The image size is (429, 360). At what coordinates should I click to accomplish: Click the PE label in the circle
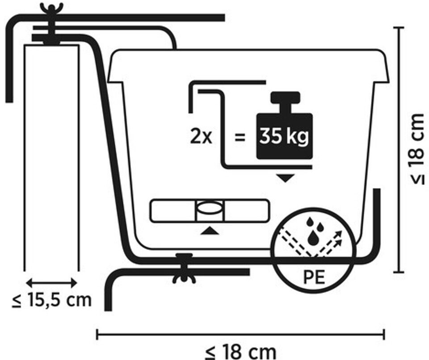[314, 277]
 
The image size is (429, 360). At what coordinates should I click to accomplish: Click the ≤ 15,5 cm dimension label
[52, 300]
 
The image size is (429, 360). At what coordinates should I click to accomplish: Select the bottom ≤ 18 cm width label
[240, 351]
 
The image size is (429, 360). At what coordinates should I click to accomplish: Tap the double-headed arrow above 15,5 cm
[52, 283]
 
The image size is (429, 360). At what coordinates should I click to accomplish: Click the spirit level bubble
[209, 209]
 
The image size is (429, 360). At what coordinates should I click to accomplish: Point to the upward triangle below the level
[209, 230]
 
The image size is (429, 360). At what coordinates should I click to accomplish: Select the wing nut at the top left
[51, 8]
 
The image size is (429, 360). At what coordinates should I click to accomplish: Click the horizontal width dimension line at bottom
[240, 334]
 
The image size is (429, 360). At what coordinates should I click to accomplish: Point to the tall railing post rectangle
[52, 156]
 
